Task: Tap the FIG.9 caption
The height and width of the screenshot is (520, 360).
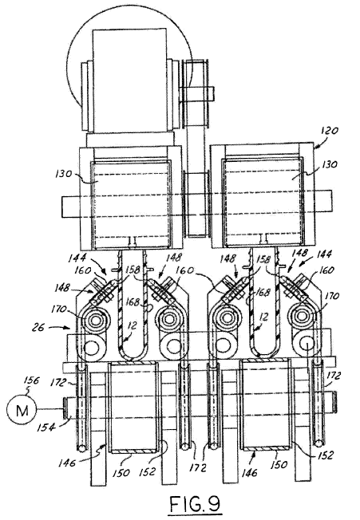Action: coord(195,503)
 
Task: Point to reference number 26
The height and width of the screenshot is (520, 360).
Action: coord(38,328)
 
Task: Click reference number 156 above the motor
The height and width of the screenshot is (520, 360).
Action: coord(32,380)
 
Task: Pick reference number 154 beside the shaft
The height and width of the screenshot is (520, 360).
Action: coord(45,427)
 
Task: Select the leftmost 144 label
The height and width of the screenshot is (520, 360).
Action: coord(77,257)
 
